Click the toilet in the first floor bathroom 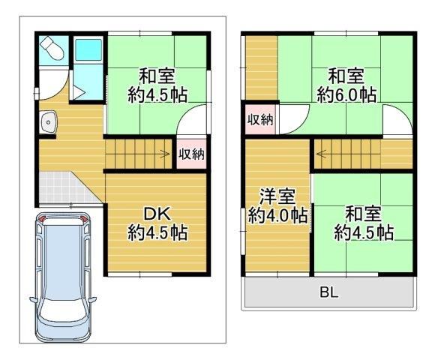(x=52, y=48)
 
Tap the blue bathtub (x=88, y=49)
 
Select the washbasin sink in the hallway (x=49, y=122)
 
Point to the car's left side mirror (x=33, y=300)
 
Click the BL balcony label (x=329, y=292)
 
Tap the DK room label (x=157, y=214)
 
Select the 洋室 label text (x=277, y=196)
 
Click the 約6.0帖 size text (x=346, y=94)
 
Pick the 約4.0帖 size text (x=278, y=215)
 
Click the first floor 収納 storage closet (x=191, y=154)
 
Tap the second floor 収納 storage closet (x=260, y=120)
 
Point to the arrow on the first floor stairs (x=166, y=154)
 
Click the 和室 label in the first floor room (x=157, y=76)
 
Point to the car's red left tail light (x=41, y=218)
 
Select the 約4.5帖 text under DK (x=157, y=232)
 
